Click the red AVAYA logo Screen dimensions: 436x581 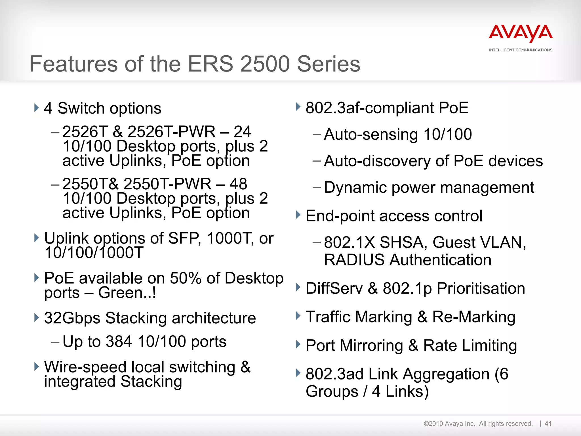[x=521, y=33]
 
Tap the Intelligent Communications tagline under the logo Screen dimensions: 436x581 [x=521, y=50]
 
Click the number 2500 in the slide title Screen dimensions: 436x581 [x=265, y=64]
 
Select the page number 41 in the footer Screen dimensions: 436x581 [x=548, y=424]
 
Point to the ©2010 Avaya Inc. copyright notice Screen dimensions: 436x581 [x=449, y=424]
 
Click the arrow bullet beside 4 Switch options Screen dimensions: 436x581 [x=36, y=108]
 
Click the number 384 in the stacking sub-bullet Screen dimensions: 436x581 [x=119, y=341]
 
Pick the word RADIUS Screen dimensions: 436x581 [x=355, y=260]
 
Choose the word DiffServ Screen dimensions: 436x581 [x=334, y=288]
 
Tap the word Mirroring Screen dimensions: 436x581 [x=371, y=345]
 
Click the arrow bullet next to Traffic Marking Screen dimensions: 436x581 [x=298, y=316]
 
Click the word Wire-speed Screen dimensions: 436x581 [x=85, y=367]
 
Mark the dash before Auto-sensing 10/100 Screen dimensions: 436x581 [x=316, y=134]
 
